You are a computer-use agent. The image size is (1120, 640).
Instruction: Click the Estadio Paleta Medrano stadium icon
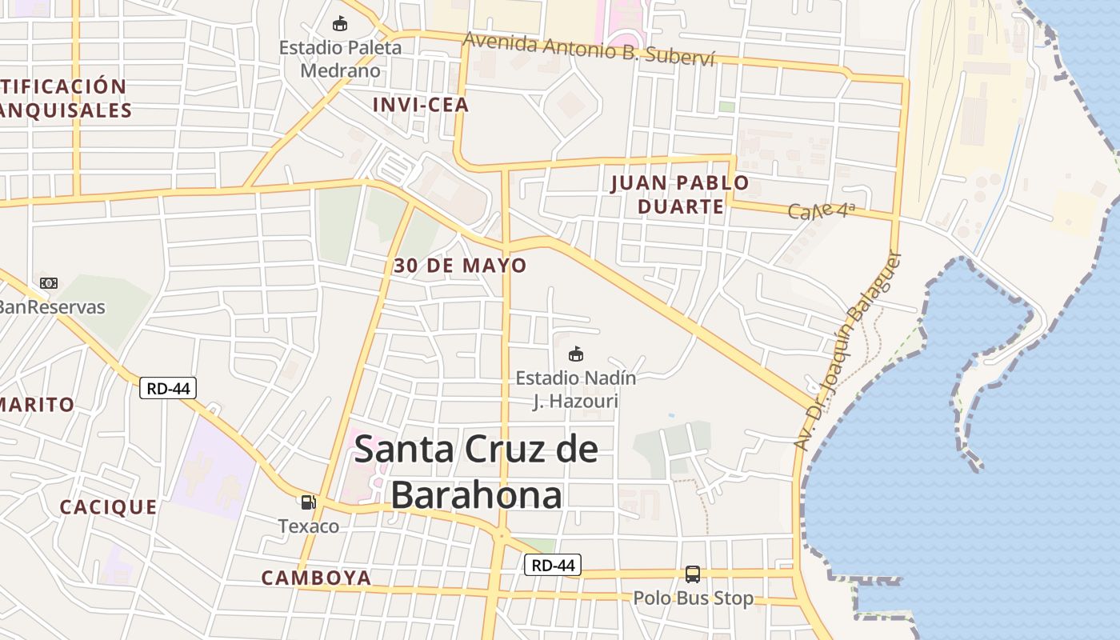tap(340, 24)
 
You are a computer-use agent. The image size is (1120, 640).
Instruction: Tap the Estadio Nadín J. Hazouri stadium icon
tap(575, 354)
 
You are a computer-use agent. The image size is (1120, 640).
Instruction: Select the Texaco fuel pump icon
tap(308, 502)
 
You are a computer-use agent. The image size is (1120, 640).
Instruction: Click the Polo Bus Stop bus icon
tap(693, 574)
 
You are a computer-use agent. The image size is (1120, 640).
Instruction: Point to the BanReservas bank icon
tap(49, 283)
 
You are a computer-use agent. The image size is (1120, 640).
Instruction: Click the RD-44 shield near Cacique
tap(168, 388)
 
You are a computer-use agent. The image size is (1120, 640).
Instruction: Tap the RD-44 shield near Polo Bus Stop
tap(553, 565)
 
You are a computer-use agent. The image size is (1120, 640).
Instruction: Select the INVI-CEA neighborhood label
tap(421, 105)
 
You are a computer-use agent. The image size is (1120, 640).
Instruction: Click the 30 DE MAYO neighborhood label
tap(460, 266)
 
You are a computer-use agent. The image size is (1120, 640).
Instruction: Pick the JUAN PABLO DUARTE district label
tap(680, 194)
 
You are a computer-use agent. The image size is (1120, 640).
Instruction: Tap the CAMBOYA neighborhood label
tap(317, 578)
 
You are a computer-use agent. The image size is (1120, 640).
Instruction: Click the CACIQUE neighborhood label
tap(109, 507)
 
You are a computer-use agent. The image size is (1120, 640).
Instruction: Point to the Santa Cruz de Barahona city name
tap(476, 472)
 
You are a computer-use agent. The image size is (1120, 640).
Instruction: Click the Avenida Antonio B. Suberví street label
tap(588, 50)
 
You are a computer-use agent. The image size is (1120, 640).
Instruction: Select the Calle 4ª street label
tap(822, 211)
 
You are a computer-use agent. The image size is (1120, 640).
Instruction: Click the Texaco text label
tap(309, 526)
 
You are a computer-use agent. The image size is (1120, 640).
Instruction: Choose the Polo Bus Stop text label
tap(694, 598)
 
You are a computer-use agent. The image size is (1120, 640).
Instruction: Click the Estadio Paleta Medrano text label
tap(340, 59)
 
